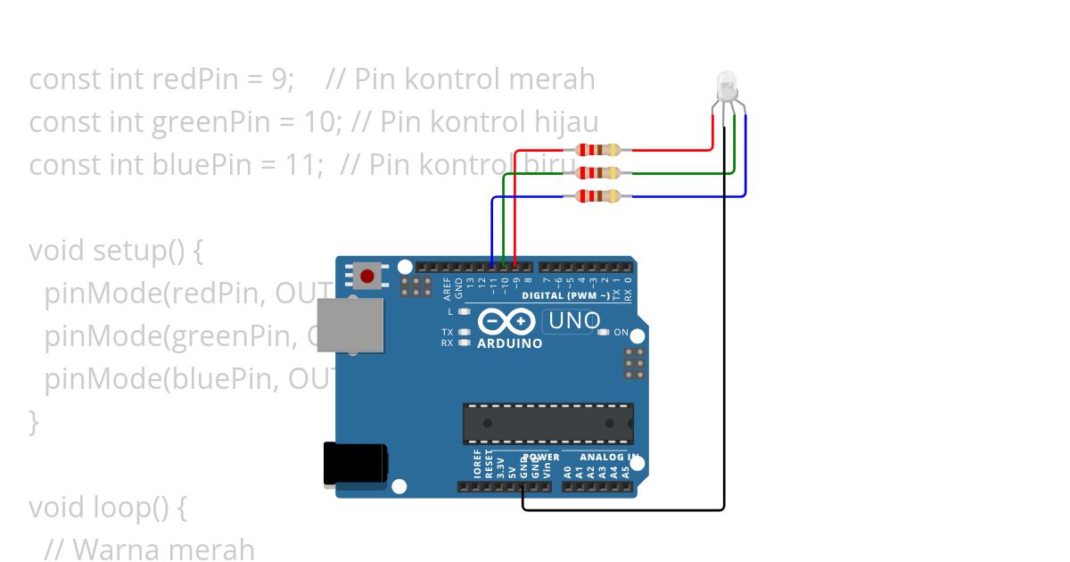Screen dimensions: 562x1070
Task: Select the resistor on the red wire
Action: click(597, 150)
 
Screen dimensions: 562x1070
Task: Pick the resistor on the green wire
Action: click(597, 173)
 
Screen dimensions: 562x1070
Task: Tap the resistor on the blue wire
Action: click(597, 196)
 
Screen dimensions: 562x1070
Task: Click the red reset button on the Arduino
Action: click(367, 276)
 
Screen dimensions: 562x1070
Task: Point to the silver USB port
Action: click(350, 326)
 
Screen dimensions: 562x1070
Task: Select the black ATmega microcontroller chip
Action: click(547, 423)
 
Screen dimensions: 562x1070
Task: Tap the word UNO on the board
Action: click(573, 320)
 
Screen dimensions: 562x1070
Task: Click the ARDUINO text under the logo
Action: click(509, 343)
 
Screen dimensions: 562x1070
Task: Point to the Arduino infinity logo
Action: click(506, 321)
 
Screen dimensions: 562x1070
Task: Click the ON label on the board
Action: click(621, 333)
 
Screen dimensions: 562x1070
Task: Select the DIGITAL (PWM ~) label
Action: click(566, 295)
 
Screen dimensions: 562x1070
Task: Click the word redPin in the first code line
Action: click(189, 79)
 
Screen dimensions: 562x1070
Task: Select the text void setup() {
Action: click(116, 251)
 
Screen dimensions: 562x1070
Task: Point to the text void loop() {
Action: click(108, 508)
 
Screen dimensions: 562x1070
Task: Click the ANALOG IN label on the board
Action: click(609, 458)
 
